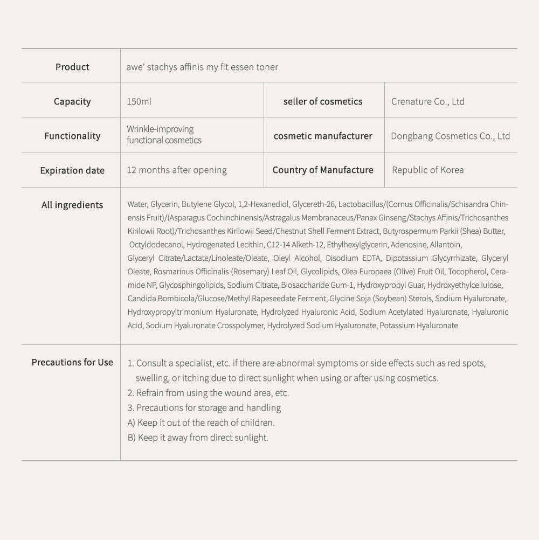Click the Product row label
pyautogui.click(x=72, y=67)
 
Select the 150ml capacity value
pyautogui.click(x=139, y=101)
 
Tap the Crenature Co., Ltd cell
pyautogui.click(x=427, y=101)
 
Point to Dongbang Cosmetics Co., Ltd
pyautogui.click(x=450, y=136)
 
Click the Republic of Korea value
pyautogui.click(x=427, y=170)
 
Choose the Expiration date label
pyautogui.click(x=72, y=170)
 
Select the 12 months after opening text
pyautogui.click(x=177, y=170)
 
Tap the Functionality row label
pyautogui.click(x=72, y=136)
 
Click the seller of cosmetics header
pyautogui.click(x=323, y=101)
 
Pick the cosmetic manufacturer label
pyautogui.click(x=323, y=136)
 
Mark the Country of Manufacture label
pyautogui.click(x=323, y=170)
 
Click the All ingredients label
pyautogui.click(x=72, y=205)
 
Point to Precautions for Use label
pyautogui.click(x=72, y=362)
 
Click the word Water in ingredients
pyautogui.click(x=137, y=204)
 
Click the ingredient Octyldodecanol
pyautogui.click(x=155, y=245)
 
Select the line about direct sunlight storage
pyautogui.click(x=198, y=438)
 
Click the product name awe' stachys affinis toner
pyautogui.click(x=202, y=67)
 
